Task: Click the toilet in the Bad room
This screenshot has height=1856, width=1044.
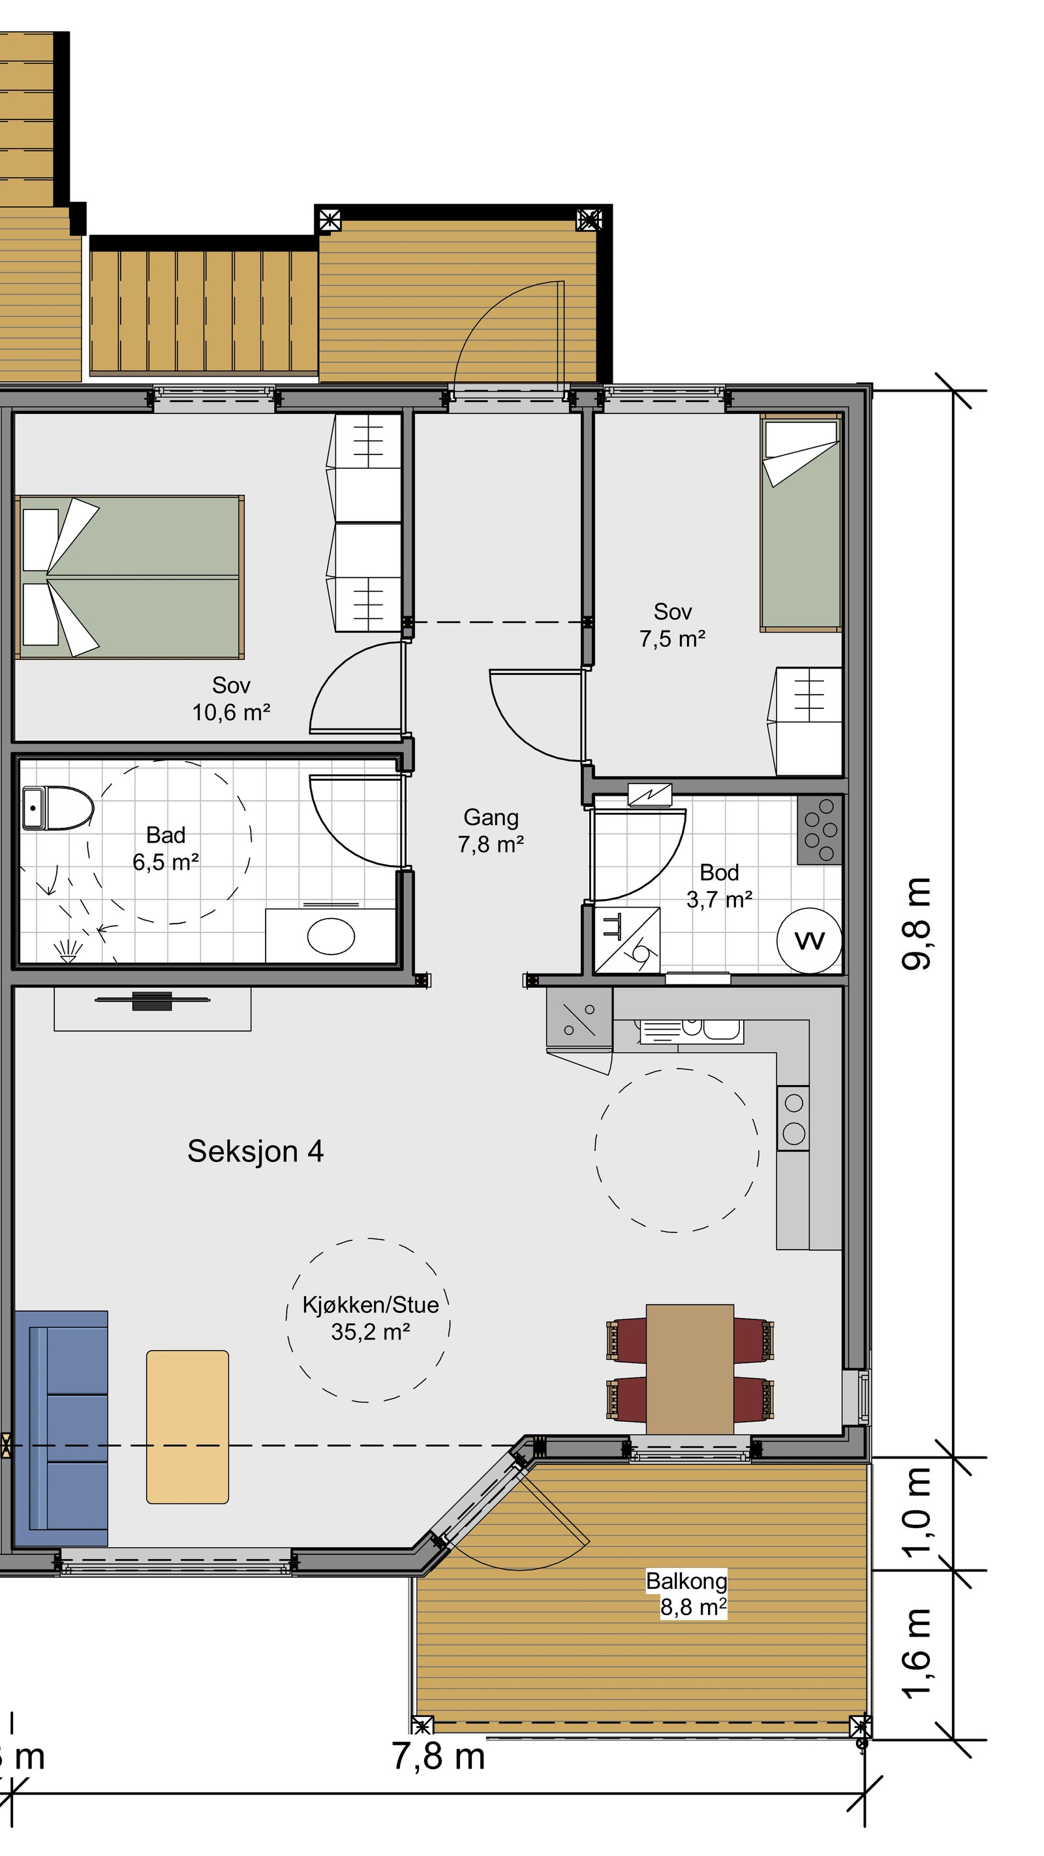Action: coord(57,807)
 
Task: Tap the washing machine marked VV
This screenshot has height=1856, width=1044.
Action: coord(809,940)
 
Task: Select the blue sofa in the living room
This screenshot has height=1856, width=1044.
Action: coord(61,1428)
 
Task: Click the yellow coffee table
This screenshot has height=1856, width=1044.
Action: coord(187,1426)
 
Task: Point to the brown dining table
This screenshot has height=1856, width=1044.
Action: coord(690,1369)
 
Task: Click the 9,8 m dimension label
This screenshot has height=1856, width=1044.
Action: coord(917,924)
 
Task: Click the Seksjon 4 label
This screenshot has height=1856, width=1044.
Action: coord(256,1151)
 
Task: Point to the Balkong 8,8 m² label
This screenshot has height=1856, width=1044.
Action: coord(688,1593)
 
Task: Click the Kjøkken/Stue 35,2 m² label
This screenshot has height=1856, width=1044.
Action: coord(370,1318)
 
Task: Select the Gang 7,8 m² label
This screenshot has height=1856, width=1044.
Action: coord(491,830)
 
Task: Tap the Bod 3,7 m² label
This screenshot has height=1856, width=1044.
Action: coord(719,885)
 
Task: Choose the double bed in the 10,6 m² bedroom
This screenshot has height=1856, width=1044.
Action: coord(130,576)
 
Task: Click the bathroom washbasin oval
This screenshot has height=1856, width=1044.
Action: coord(331,937)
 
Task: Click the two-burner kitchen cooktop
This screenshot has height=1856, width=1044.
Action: coord(793,1118)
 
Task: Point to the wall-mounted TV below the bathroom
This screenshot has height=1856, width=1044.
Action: coord(153,1000)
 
